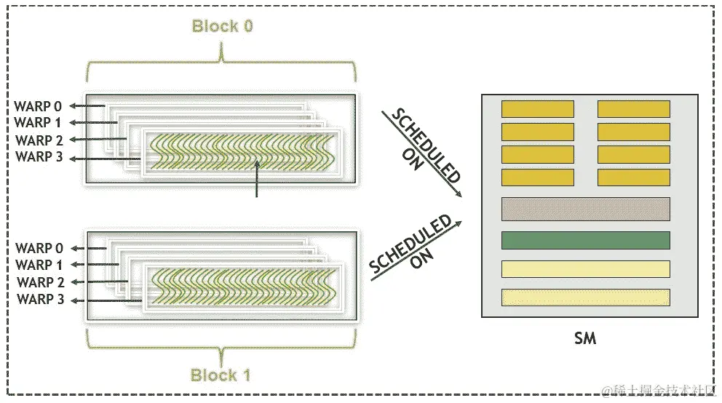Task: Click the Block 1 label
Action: coord(221,375)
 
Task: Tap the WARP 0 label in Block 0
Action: coord(43,107)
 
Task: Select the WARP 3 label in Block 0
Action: coord(43,156)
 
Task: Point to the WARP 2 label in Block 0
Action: coord(43,140)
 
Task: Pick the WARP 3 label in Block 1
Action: coord(43,298)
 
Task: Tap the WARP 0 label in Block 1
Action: coord(43,249)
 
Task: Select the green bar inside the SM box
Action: coord(585,239)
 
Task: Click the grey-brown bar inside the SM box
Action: coord(585,209)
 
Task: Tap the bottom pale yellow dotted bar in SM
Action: coord(585,298)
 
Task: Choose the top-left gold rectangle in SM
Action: coord(537,109)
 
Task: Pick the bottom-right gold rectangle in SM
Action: coord(633,177)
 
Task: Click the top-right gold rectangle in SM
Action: coord(633,109)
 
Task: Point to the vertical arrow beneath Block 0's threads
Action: coord(256,179)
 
